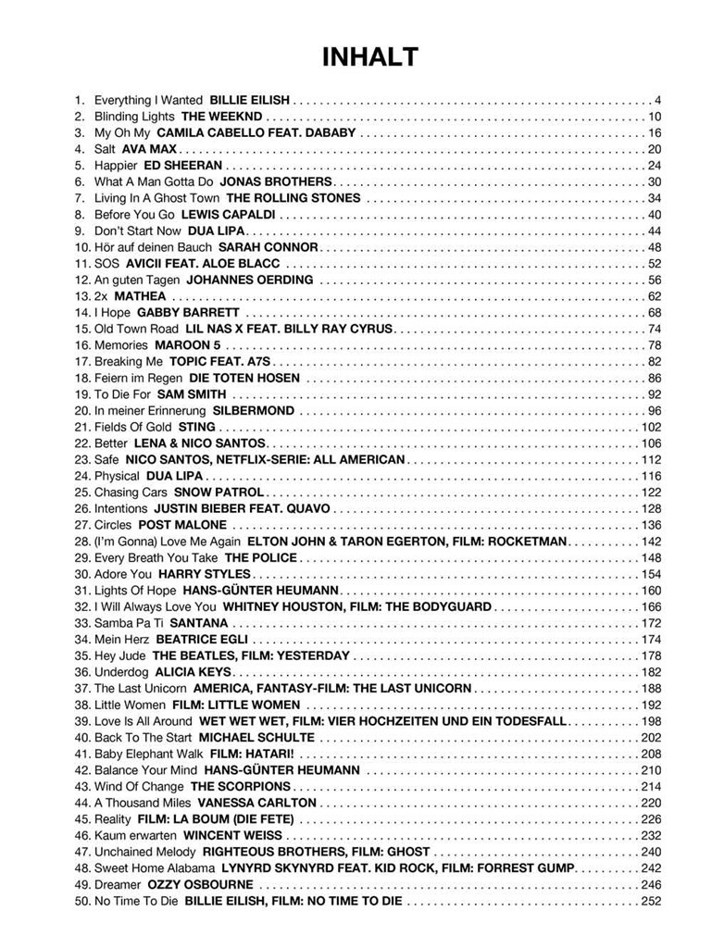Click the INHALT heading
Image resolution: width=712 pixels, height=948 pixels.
[370, 57]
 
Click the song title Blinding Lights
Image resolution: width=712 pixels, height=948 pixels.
[134, 117]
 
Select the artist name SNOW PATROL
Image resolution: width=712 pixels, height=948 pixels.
[219, 493]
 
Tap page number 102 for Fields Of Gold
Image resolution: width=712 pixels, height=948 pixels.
[651, 427]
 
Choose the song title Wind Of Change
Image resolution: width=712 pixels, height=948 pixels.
[139, 787]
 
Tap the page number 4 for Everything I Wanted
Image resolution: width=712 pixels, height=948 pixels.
[657, 100]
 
